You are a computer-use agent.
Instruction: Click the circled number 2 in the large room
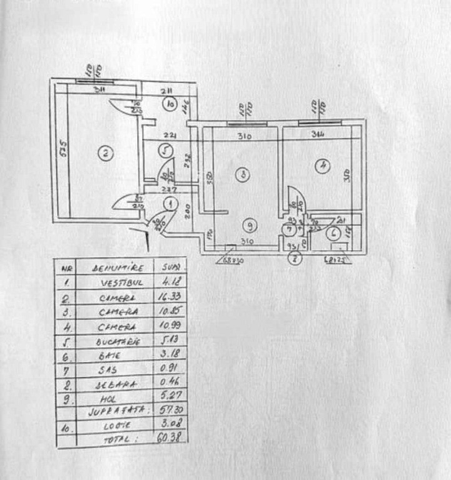[106, 153]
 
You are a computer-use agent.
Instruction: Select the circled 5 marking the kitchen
[165, 150]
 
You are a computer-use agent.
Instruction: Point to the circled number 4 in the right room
[323, 166]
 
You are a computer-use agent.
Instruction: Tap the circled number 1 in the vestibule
[168, 203]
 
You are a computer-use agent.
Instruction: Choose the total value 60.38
[169, 437]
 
